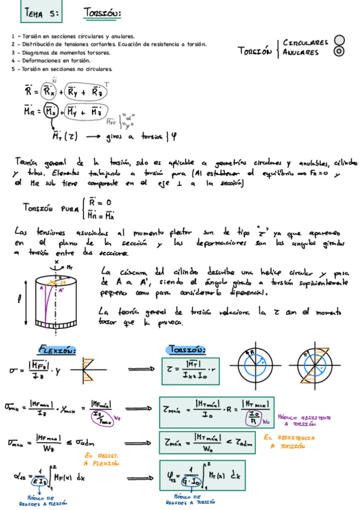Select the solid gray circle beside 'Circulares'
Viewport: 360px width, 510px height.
pyautogui.click(x=340, y=40)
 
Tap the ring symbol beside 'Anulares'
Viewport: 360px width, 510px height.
pyautogui.click(x=340, y=51)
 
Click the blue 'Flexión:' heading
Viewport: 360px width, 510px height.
pyautogui.click(x=58, y=350)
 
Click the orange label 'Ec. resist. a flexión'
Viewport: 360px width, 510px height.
pyautogui.click(x=101, y=459)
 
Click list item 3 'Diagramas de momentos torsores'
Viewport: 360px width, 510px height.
pyautogui.click(x=61, y=52)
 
